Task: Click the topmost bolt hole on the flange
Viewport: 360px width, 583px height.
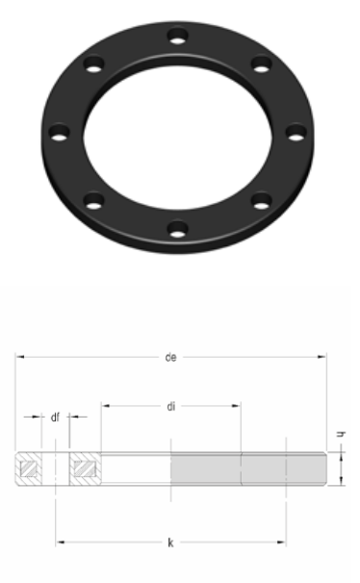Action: pos(177,37)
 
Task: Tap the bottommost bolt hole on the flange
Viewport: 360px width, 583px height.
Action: pos(177,229)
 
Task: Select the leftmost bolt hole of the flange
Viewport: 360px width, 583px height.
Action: pos(59,133)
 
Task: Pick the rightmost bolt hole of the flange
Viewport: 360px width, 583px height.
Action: pos(296,133)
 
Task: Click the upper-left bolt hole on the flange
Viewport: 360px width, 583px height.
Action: pos(93,64)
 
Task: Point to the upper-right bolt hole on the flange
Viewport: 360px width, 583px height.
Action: pos(262,64)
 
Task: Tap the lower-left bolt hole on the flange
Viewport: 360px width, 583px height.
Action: pos(93,201)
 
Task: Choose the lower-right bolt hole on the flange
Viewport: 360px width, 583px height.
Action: pos(262,201)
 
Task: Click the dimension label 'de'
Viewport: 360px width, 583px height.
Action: pos(170,357)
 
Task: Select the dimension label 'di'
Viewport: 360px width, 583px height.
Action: pos(170,406)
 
